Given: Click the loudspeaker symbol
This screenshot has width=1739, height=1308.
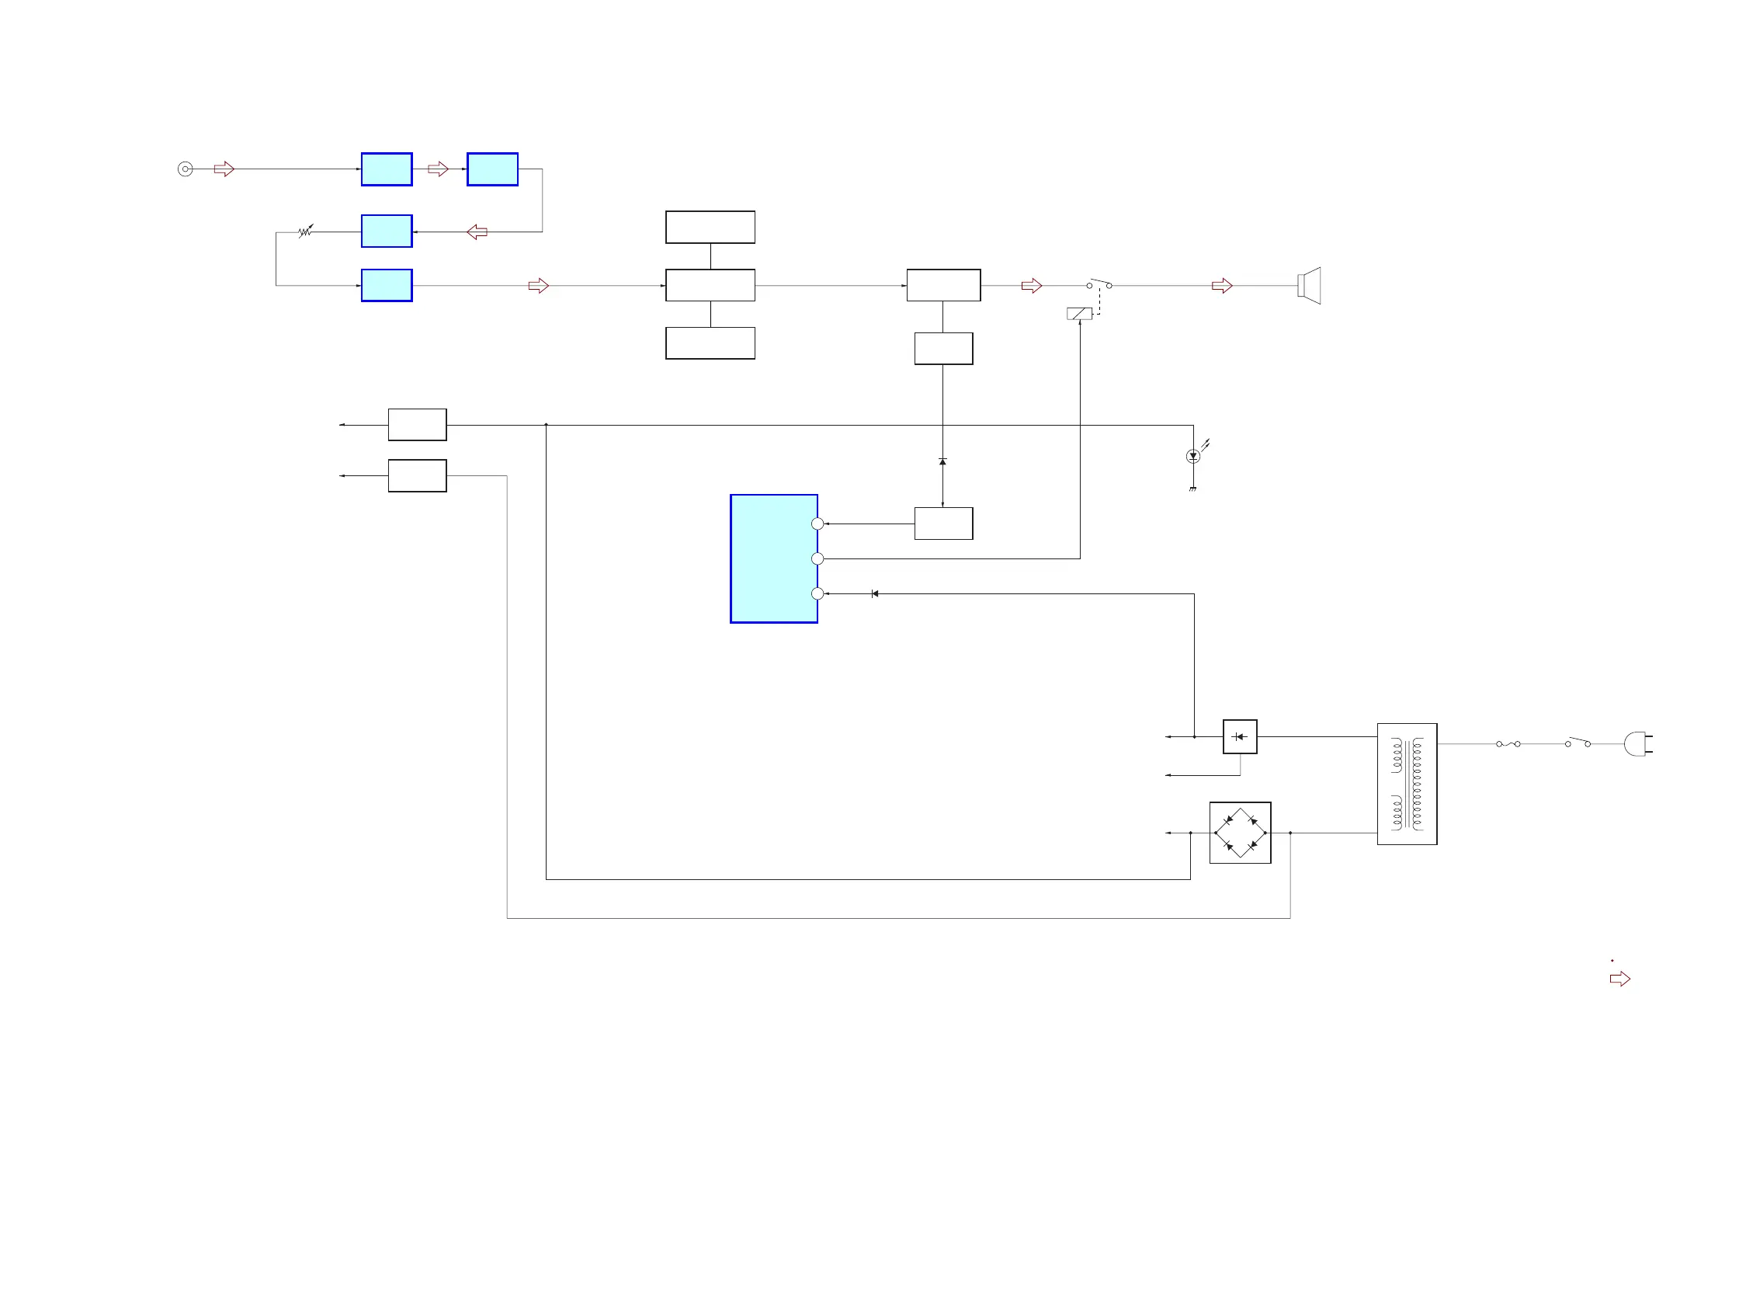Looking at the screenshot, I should [x=1310, y=286].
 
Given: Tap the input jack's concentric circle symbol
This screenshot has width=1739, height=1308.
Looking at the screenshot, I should [x=186, y=169].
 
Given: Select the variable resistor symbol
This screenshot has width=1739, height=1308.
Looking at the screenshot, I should [x=306, y=231].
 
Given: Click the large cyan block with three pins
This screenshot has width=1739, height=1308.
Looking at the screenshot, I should [x=772, y=558].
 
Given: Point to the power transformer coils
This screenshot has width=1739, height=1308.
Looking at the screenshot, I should [x=1408, y=784].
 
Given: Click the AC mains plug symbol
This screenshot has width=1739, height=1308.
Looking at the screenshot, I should [x=1636, y=744].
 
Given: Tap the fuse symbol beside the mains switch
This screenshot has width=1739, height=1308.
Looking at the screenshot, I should [x=1508, y=744].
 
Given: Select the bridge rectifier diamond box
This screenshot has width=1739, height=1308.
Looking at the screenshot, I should [x=1240, y=833].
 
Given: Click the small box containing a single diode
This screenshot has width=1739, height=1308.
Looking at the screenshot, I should [x=1240, y=737].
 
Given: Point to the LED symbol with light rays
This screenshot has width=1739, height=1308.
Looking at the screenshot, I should [x=1193, y=456].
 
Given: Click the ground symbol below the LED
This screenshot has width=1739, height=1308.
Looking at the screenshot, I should [x=1192, y=489].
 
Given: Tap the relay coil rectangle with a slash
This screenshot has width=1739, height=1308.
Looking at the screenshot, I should [x=1079, y=314].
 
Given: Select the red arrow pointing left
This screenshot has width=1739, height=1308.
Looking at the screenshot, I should [x=477, y=232].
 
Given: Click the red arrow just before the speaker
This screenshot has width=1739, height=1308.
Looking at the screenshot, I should [x=1222, y=286].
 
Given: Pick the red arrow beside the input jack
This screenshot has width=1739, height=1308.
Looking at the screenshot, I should [x=224, y=169].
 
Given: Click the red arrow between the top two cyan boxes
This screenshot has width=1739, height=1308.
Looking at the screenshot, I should [x=438, y=169].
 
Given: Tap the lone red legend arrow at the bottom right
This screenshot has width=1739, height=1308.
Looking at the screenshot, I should [x=1620, y=979].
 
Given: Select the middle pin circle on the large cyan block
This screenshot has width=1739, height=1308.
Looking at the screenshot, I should [x=817, y=559].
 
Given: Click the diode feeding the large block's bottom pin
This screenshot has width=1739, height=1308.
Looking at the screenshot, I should [x=875, y=594].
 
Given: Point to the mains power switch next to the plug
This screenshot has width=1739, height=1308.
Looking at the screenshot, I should [x=1578, y=743].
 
